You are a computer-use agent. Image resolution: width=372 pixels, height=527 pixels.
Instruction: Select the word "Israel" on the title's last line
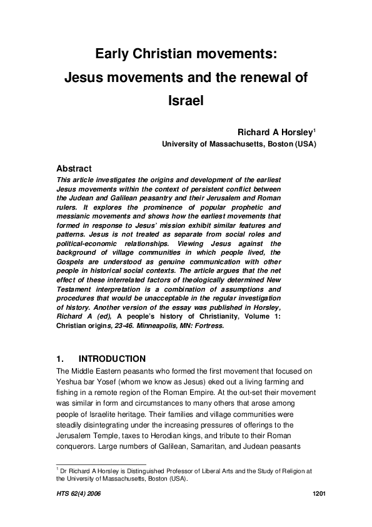(x=186, y=100)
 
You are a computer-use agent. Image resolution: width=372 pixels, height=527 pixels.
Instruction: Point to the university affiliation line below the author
(x=239, y=144)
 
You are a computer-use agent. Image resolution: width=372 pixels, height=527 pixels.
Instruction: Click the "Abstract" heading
(x=74, y=169)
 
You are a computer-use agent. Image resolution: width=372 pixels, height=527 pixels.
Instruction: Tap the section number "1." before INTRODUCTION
(x=61, y=359)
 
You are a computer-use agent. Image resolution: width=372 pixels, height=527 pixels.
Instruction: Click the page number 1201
(x=319, y=494)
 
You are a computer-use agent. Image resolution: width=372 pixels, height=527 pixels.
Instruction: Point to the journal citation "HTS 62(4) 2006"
(x=78, y=494)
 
